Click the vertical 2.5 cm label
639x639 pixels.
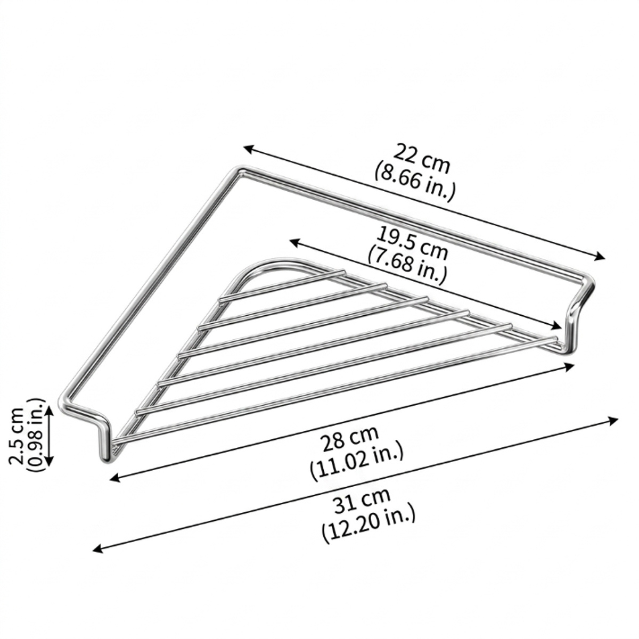point(15,436)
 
